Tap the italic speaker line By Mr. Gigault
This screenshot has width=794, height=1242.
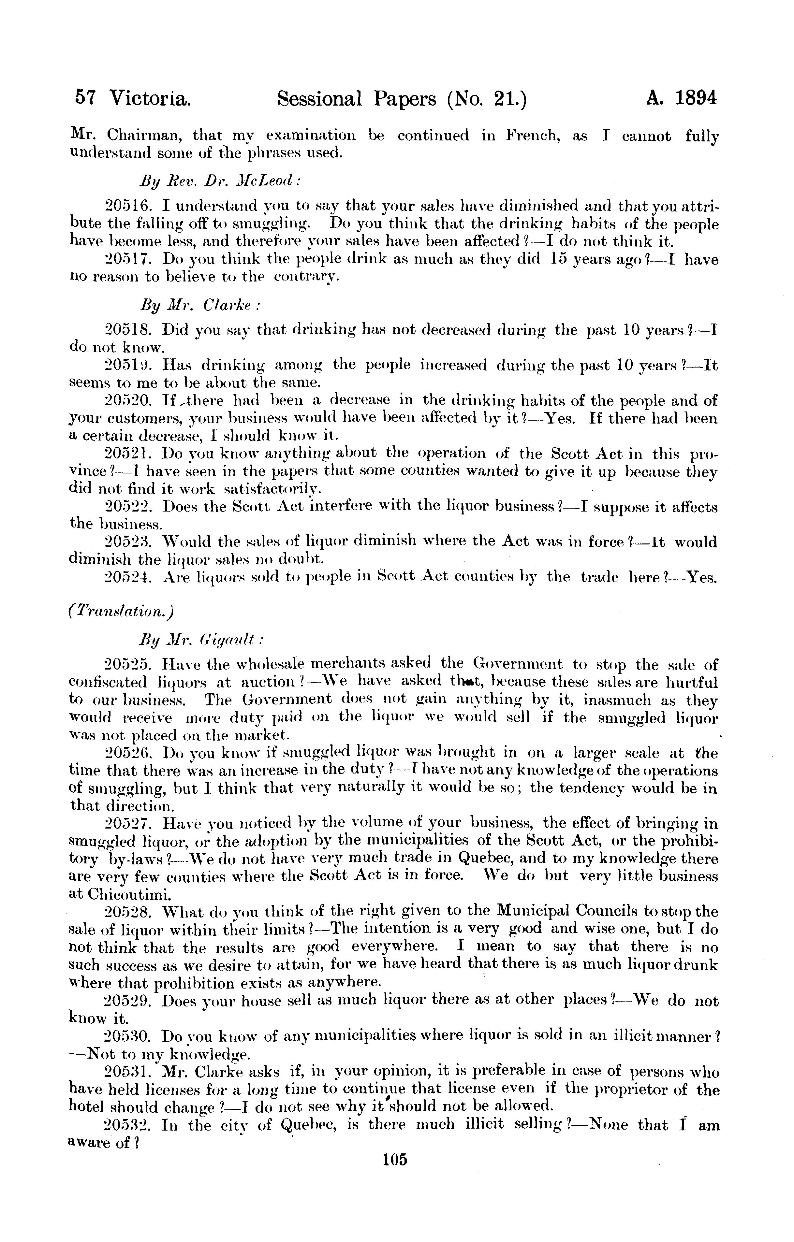[x=202, y=640]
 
